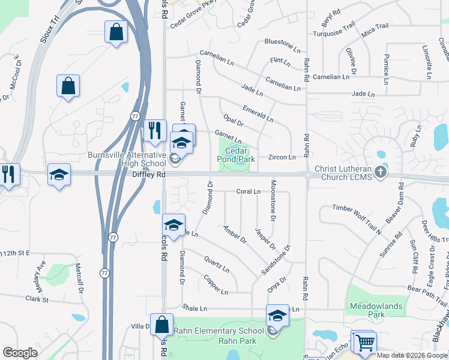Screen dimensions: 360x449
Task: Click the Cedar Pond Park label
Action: pyautogui.click(x=236, y=155)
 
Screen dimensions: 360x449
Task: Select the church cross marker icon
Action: pyautogui.click(x=381, y=173)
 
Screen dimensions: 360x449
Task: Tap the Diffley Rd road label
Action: pyautogui.click(x=148, y=174)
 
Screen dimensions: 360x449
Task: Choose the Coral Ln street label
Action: pyautogui.click(x=248, y=191)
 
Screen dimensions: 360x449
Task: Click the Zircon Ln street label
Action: pyautogui.click(x=282, y=157)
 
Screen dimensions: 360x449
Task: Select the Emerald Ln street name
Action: pyautogui.click(x=258, y=115)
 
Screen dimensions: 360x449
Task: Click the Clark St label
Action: pyautogui.click(x=36, y=298)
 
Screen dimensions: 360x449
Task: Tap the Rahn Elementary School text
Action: pyautogui.click(x=219, y=331)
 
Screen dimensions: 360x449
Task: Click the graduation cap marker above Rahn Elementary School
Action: pyautogui.click(x=278, y=316)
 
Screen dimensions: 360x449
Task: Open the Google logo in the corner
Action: pyautogui.click(x=20, y=353)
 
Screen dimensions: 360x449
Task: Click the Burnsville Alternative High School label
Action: pyautogui.click(x=127, y=159)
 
